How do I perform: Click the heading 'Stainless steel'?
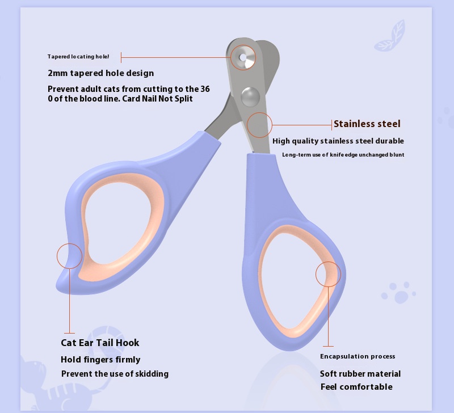367,124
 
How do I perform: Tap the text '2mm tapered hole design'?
101,73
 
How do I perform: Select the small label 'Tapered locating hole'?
78,56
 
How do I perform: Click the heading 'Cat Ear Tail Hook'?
100,343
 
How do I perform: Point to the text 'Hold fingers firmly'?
100,360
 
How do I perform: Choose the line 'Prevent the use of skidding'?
115,374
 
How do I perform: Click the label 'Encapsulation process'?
358,356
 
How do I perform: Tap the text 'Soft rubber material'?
360,374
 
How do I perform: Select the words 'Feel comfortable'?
356,387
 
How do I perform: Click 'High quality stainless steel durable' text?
338,141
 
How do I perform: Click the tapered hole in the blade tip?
243,58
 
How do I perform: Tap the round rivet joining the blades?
250,96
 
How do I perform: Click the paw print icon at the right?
398,293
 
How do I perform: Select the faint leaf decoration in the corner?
390,36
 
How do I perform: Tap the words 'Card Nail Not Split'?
158,99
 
